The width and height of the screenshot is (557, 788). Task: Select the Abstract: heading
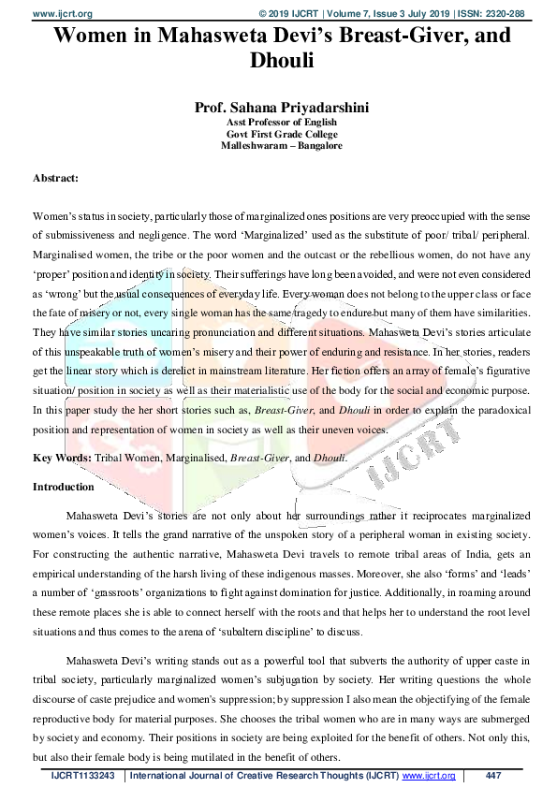coord(55,177)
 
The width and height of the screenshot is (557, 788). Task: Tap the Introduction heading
coord(64,487)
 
